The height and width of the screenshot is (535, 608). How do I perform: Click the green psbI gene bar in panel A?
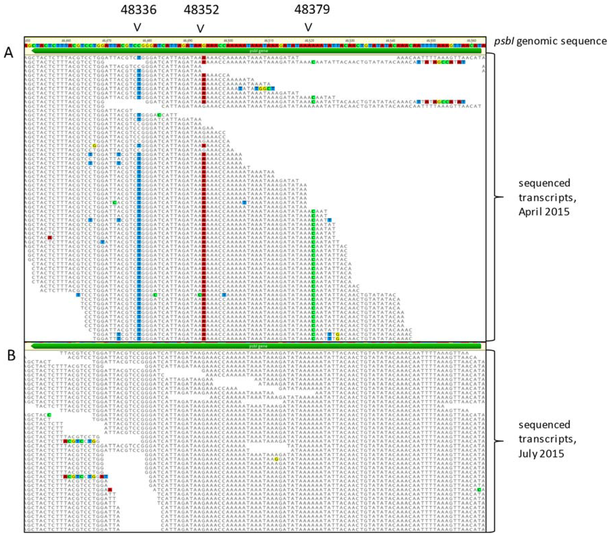pos(256,51)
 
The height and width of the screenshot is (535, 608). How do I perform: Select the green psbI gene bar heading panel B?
pos(256,346)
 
